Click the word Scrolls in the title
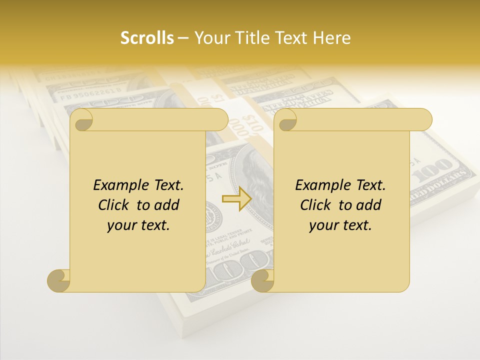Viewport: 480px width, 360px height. tap(147, 38)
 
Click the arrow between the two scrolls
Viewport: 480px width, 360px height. tap(237, 199)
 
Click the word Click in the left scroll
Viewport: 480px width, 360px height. tap(115, 205)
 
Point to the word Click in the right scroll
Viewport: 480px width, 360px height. tap(317, 205)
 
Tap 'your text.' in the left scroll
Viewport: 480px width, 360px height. tap(138, 225)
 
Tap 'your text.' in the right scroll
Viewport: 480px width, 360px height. tap(340, 225)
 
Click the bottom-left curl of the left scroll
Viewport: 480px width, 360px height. tap(58, 280)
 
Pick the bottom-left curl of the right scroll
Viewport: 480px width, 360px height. tap(262, 280)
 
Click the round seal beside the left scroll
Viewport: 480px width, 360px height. tap(214, 215)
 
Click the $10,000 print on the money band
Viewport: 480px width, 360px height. tap(250, 125)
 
